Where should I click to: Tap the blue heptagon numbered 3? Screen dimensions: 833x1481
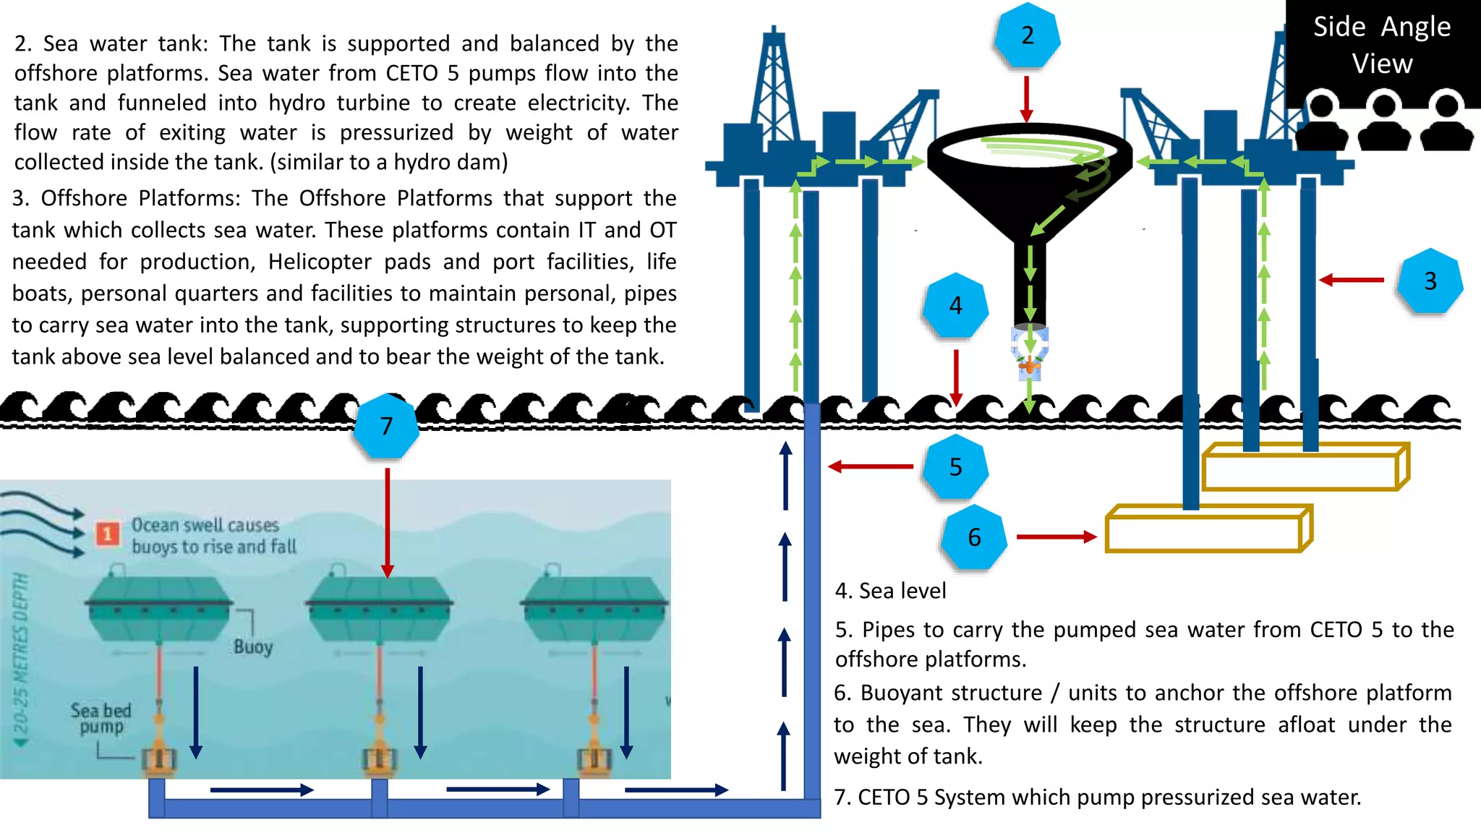(1430, 281)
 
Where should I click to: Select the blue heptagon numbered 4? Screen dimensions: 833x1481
(955, 306)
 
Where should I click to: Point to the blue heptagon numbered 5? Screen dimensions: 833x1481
(955, 467)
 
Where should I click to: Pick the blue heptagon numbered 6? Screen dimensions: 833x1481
(974, 537)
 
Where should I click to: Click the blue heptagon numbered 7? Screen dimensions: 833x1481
(386, 426)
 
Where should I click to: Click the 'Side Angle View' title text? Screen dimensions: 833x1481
(1382, 45)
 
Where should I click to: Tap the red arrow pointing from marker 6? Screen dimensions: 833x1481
(1056, 537)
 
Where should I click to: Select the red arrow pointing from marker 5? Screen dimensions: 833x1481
(871, 466)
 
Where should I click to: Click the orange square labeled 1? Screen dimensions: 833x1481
(108, 534)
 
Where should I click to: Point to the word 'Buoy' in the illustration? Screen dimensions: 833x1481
(253, 646)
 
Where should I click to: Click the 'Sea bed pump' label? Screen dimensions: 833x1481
(101, 718)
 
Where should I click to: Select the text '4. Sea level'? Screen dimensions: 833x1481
(890, 591)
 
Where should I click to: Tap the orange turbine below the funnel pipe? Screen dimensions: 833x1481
(1029, 367)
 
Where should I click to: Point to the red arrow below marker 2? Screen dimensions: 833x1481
(1026, 98)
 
